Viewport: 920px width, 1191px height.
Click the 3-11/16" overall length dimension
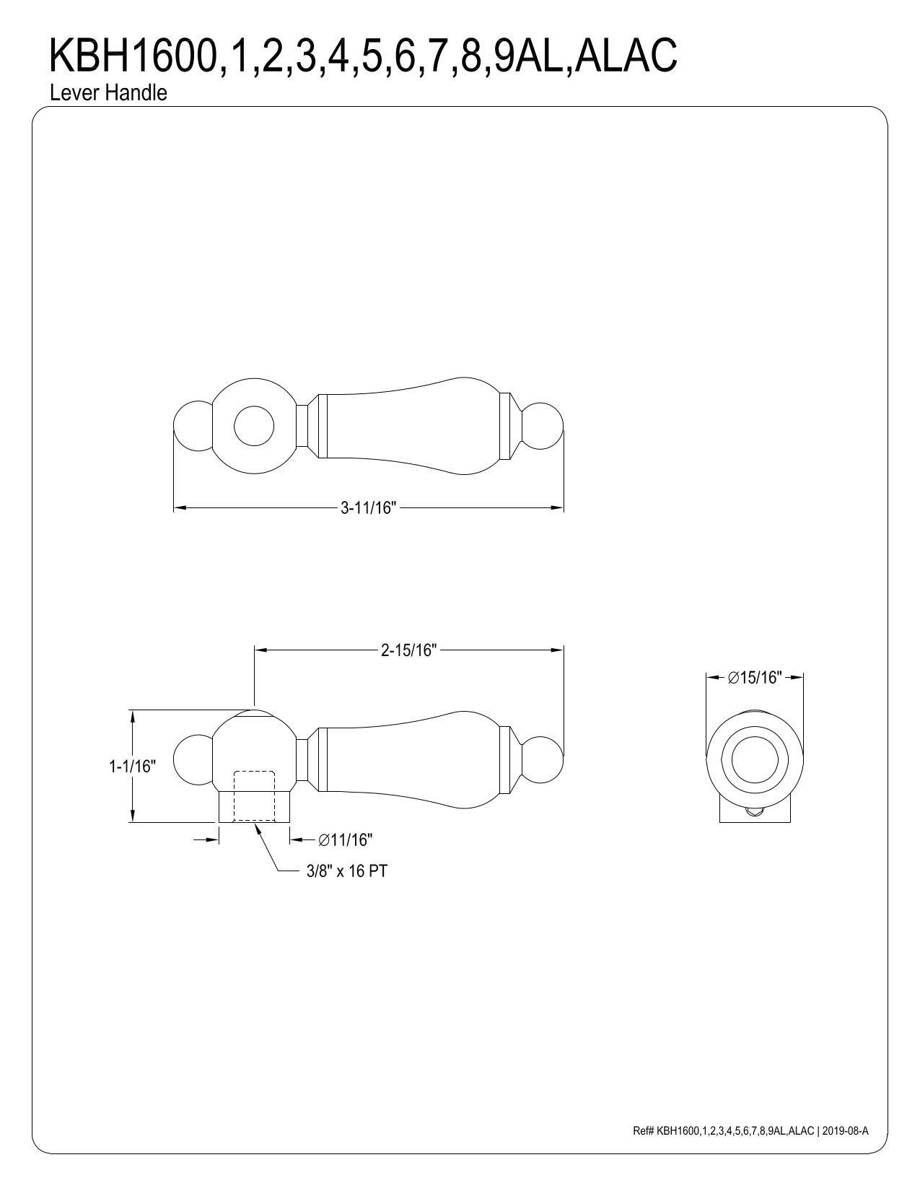pyautogui.click(x=368, y=508)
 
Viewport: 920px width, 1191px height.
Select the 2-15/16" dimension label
pyautogui.click(x=408, y=650)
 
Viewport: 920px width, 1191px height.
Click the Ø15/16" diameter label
pyautogui.click(x=754, y=678)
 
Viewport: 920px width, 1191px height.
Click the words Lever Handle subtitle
pyautogui.click(x=108, y=93)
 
